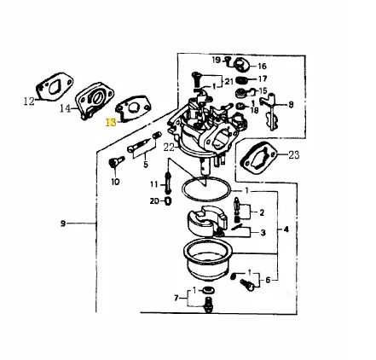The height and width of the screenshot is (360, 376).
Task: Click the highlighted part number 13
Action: pos(111,123)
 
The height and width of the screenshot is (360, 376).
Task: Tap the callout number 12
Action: pos(29,102)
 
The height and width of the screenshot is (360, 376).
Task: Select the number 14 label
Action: pos(66,108)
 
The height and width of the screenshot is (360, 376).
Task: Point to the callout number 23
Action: pos(294,155)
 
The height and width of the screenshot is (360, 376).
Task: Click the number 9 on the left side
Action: pos(63,224)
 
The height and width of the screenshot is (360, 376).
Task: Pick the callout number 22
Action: pos(169,148)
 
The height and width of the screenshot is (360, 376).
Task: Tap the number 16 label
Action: pos(262,67)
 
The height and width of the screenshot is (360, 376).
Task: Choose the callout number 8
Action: pos(291,105)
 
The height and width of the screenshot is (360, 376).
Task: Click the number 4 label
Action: pos(286,229)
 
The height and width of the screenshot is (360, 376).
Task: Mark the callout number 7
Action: pos(176,298)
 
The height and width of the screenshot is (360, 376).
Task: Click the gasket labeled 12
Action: pos(55,86)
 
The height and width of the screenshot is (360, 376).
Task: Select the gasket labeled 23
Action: pos(258,158)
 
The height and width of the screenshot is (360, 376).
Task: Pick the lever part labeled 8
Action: pos(270,111)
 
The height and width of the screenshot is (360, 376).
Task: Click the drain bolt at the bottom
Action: pos(208,305)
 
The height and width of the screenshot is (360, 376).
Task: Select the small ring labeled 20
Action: pos(168,201)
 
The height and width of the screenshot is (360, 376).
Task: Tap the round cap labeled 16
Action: pos(241,65)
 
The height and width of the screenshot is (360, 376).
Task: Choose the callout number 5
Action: pos(146,165)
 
